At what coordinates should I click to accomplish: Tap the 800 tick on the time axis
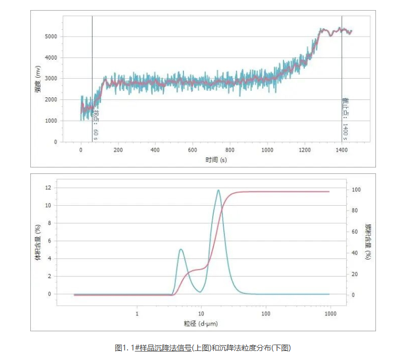click(230, 150)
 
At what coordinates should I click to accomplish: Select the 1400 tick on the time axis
click(341, 150)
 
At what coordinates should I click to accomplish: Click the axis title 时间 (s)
click(216, 159)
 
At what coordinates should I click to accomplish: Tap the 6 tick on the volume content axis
click(48, 241)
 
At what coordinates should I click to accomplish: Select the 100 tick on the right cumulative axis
click(357, 190)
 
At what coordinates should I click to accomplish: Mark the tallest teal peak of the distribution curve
click(218, 190)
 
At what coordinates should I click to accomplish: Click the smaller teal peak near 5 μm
click(181, 249)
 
